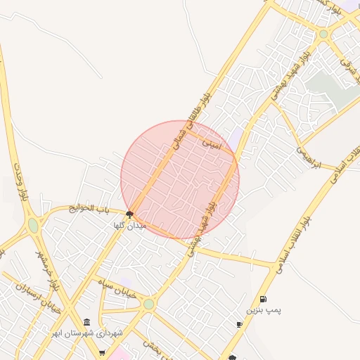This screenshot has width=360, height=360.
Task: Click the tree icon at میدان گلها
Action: (x=129, y=214)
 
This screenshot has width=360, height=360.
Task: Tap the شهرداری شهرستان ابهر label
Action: (x=87, y=332)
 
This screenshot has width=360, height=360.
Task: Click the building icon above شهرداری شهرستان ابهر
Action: (x=86, y=321)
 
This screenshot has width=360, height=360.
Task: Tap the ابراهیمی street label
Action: (x=308, y=157)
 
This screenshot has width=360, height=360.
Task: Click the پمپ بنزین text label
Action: (x=263, y=309)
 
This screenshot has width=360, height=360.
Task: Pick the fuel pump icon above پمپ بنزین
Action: (x=263, y=299)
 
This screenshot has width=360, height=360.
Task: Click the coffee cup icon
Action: (x=240, y=324)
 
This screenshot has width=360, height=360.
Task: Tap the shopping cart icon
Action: (x=102, y=352)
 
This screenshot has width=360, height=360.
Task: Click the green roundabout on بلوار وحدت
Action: (x=33, y=226)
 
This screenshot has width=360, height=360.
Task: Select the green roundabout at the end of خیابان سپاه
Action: (x=148, y=304)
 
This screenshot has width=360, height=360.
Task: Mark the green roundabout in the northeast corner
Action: (x=323, y=34)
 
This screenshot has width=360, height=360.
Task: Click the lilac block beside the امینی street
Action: (x=236, y=139)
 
